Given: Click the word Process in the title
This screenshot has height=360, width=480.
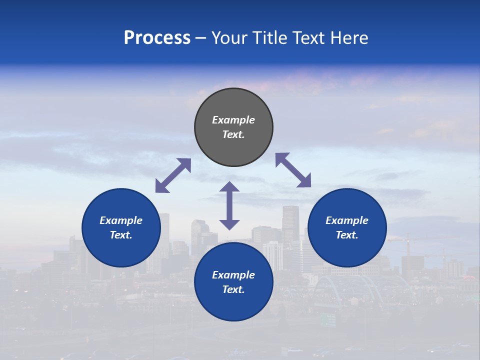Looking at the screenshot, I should [x=157, y=38].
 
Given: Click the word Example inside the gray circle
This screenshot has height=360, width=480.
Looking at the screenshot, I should [x=233, y=120].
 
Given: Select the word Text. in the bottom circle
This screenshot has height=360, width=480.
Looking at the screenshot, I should [x=233, y=289].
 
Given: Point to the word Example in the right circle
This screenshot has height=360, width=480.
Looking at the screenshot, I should [x=347, y=220].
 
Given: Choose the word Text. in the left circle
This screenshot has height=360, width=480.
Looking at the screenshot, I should [x=121, y=235].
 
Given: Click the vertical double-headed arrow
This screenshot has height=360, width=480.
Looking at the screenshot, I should [x=229, y=205].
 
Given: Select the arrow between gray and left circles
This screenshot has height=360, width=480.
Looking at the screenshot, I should [x=173, y=175].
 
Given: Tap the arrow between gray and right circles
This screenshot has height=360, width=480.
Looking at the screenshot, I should [x=293, y=170].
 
